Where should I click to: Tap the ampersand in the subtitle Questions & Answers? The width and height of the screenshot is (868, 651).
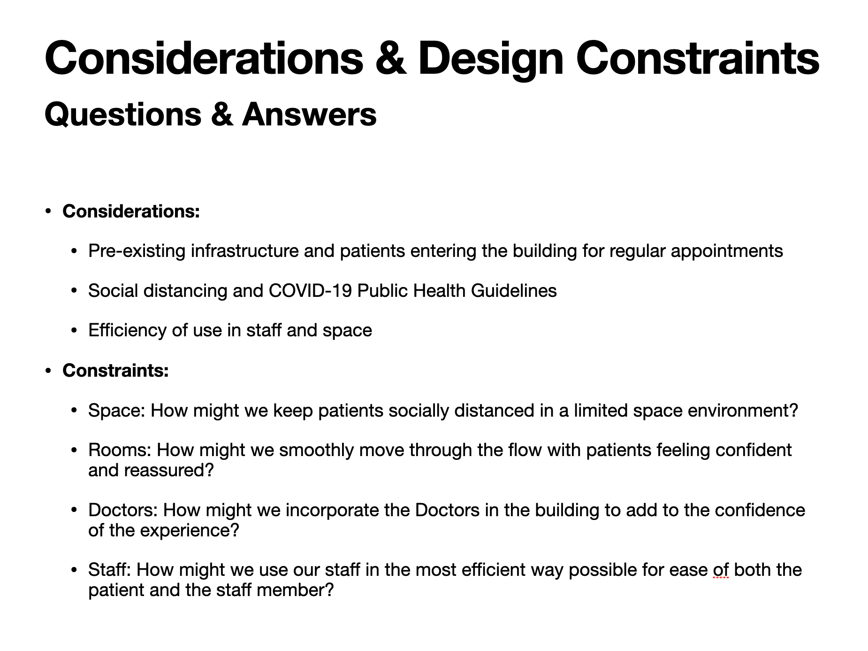coord(221,115)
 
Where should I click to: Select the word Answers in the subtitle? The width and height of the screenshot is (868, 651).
coord(309,115)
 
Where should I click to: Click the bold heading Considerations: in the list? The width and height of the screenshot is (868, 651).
coord(131,211)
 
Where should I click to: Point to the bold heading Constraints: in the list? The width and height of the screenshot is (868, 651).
coord(115,371)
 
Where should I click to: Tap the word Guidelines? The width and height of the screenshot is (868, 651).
coord(514,291)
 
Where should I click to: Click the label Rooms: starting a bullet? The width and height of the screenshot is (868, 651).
coord(120,450)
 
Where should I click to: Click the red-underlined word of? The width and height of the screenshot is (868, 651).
coord(721,570)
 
